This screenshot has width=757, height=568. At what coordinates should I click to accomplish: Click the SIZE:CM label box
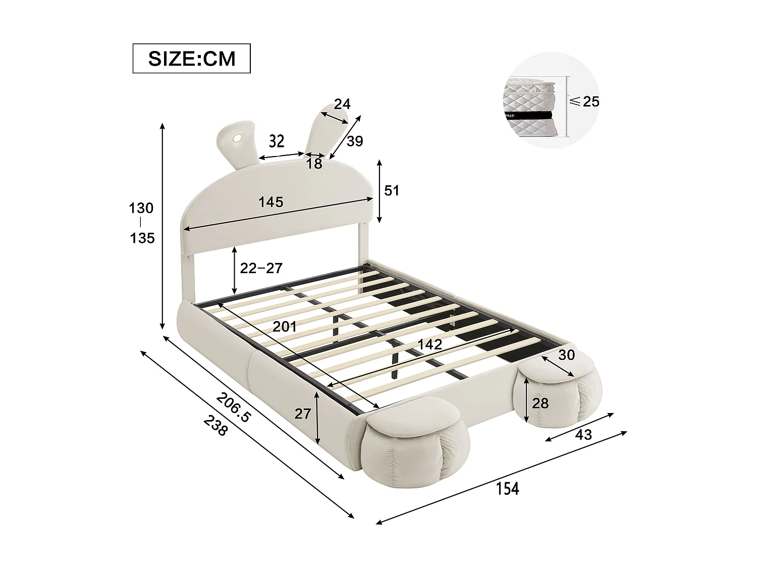191,59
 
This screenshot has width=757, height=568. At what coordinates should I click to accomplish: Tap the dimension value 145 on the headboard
271,202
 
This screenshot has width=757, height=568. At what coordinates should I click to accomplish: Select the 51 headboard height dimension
392,190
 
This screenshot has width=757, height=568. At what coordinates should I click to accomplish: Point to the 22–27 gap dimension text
261,268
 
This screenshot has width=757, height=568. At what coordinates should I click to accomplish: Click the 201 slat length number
285,326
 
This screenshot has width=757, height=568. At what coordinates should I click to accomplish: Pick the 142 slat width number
429,344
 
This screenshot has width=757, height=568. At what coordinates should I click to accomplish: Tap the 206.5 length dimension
233,407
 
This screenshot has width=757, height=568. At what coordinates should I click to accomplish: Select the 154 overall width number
508,488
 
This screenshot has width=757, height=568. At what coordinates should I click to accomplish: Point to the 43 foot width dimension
583,434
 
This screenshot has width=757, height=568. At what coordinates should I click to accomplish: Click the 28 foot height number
540,403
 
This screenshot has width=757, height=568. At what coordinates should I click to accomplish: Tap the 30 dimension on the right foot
566,355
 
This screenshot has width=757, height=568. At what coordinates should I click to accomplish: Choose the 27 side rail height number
302,414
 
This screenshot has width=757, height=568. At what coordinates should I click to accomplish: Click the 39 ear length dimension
355,141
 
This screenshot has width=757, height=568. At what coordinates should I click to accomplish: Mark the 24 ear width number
342,104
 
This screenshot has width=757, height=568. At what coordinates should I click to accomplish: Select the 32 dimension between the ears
277,140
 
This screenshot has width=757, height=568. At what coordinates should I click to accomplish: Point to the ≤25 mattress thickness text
584,101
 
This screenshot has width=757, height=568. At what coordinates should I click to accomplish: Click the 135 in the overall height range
142,237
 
